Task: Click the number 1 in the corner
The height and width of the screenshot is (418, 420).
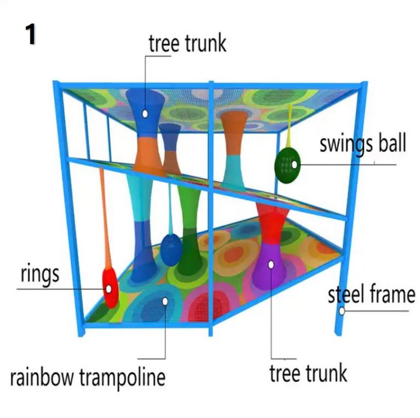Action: tap(31, 34)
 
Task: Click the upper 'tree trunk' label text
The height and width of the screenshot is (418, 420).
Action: tap(187, 43)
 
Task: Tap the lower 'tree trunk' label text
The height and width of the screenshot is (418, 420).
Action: tap(308, 373)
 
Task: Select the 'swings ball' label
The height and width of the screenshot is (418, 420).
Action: tap(363, 145)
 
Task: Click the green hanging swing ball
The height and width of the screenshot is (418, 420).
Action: tap(287, 165)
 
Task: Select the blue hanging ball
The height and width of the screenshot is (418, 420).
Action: tap(171, 250)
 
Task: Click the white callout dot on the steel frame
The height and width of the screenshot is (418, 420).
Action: tap(342, 311)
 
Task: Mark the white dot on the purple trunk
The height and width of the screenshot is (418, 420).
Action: tap(271, 265)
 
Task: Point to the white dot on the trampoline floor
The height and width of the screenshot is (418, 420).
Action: tap(165, 302)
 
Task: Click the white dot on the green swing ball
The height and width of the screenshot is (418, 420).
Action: tap(294, 165)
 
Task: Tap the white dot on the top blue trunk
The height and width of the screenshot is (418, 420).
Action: tap(145, 114)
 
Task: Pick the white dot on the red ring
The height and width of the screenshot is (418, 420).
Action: tap(108, 289)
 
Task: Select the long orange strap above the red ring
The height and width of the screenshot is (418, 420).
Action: tap(105, 217)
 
